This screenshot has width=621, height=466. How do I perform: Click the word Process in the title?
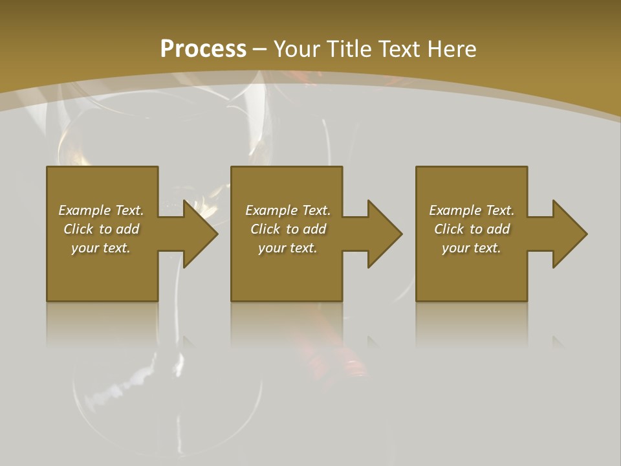(203, 49)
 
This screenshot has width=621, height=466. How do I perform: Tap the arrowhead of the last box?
(569, 234)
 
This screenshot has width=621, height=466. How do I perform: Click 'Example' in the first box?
(85, 210)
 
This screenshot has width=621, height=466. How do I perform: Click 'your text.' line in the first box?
(101, 248)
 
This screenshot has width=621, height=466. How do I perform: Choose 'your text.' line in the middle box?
(288, 248)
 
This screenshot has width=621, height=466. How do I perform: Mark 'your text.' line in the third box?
(472, 248)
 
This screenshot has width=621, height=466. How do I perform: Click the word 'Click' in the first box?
(78, 229)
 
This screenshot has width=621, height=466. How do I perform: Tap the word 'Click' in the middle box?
(265, 229)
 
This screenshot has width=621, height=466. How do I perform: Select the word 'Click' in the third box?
(449, 229)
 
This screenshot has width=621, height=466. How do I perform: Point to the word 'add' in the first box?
(127, 229)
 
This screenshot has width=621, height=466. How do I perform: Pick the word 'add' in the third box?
(498, 229)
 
